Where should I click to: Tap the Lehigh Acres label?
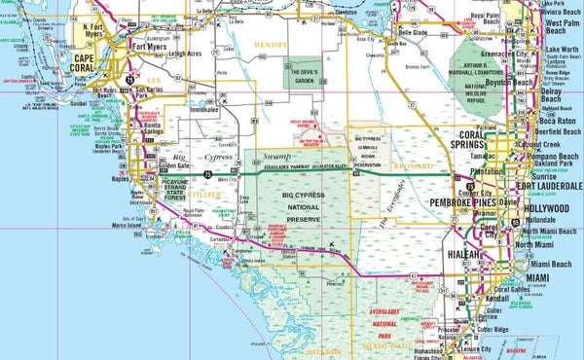click(x=181, y=54)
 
